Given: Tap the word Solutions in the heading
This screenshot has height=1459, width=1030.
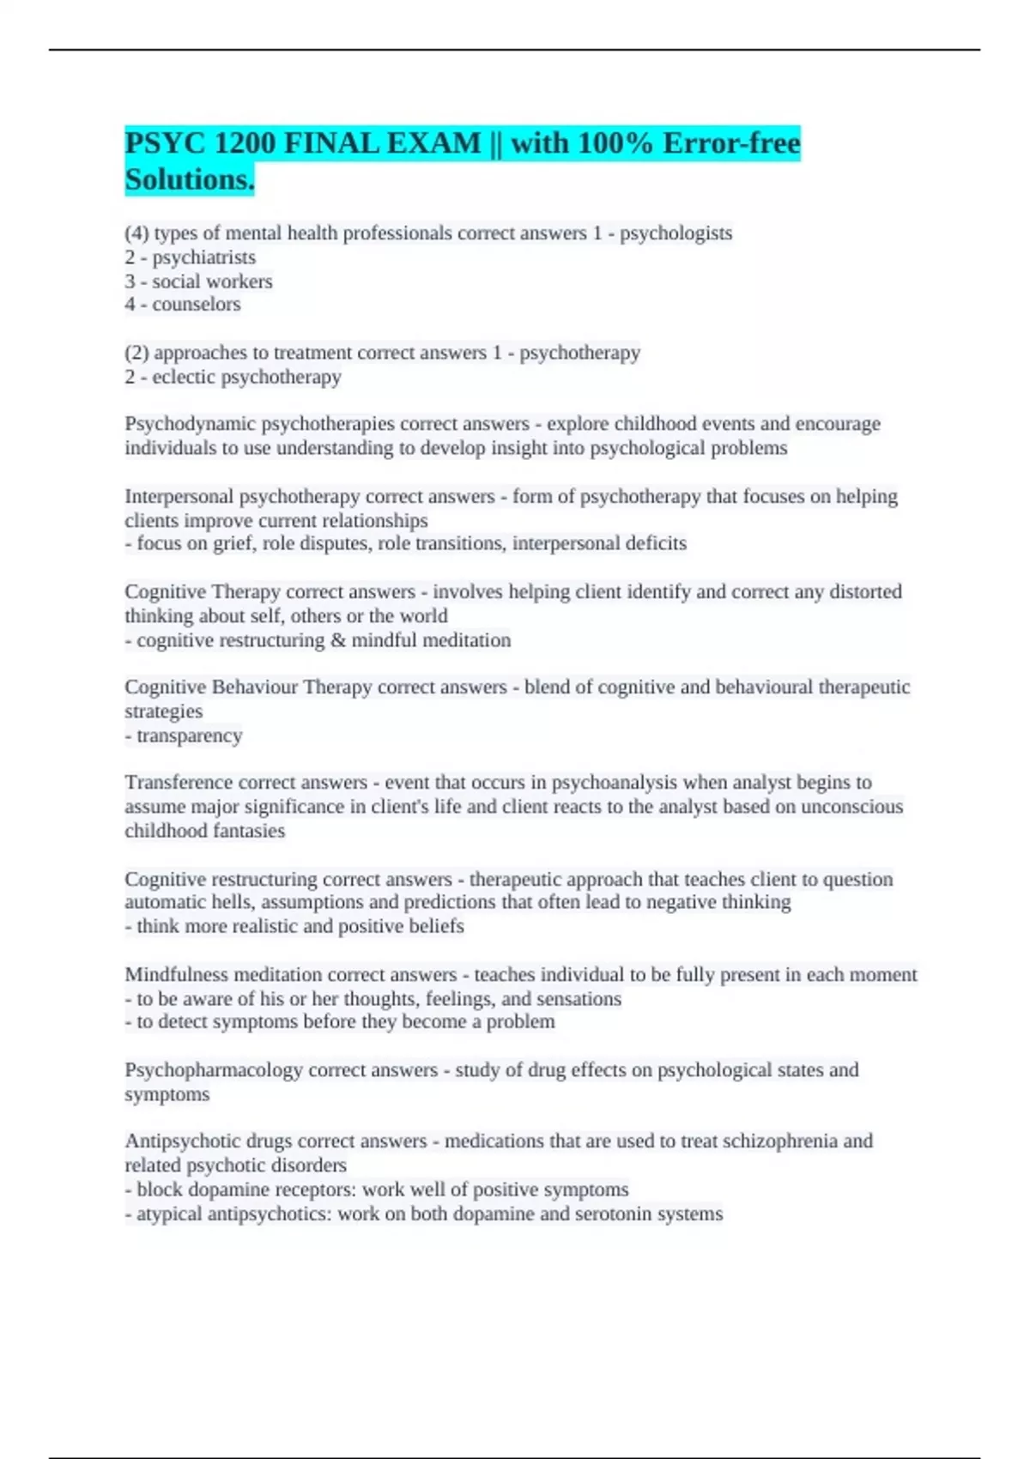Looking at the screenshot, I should coord(189,179).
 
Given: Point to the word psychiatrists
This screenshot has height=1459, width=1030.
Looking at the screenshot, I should coord(203,257).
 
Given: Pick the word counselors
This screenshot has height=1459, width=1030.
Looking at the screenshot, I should coord(197,304).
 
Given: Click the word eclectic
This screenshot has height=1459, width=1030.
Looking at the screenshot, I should coord(184,377).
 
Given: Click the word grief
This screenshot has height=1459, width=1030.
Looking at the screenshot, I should coord(231,543).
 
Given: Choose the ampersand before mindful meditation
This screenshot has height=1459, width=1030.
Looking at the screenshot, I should coord(337,640).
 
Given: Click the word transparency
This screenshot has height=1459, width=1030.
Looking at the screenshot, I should coord(189,736).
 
